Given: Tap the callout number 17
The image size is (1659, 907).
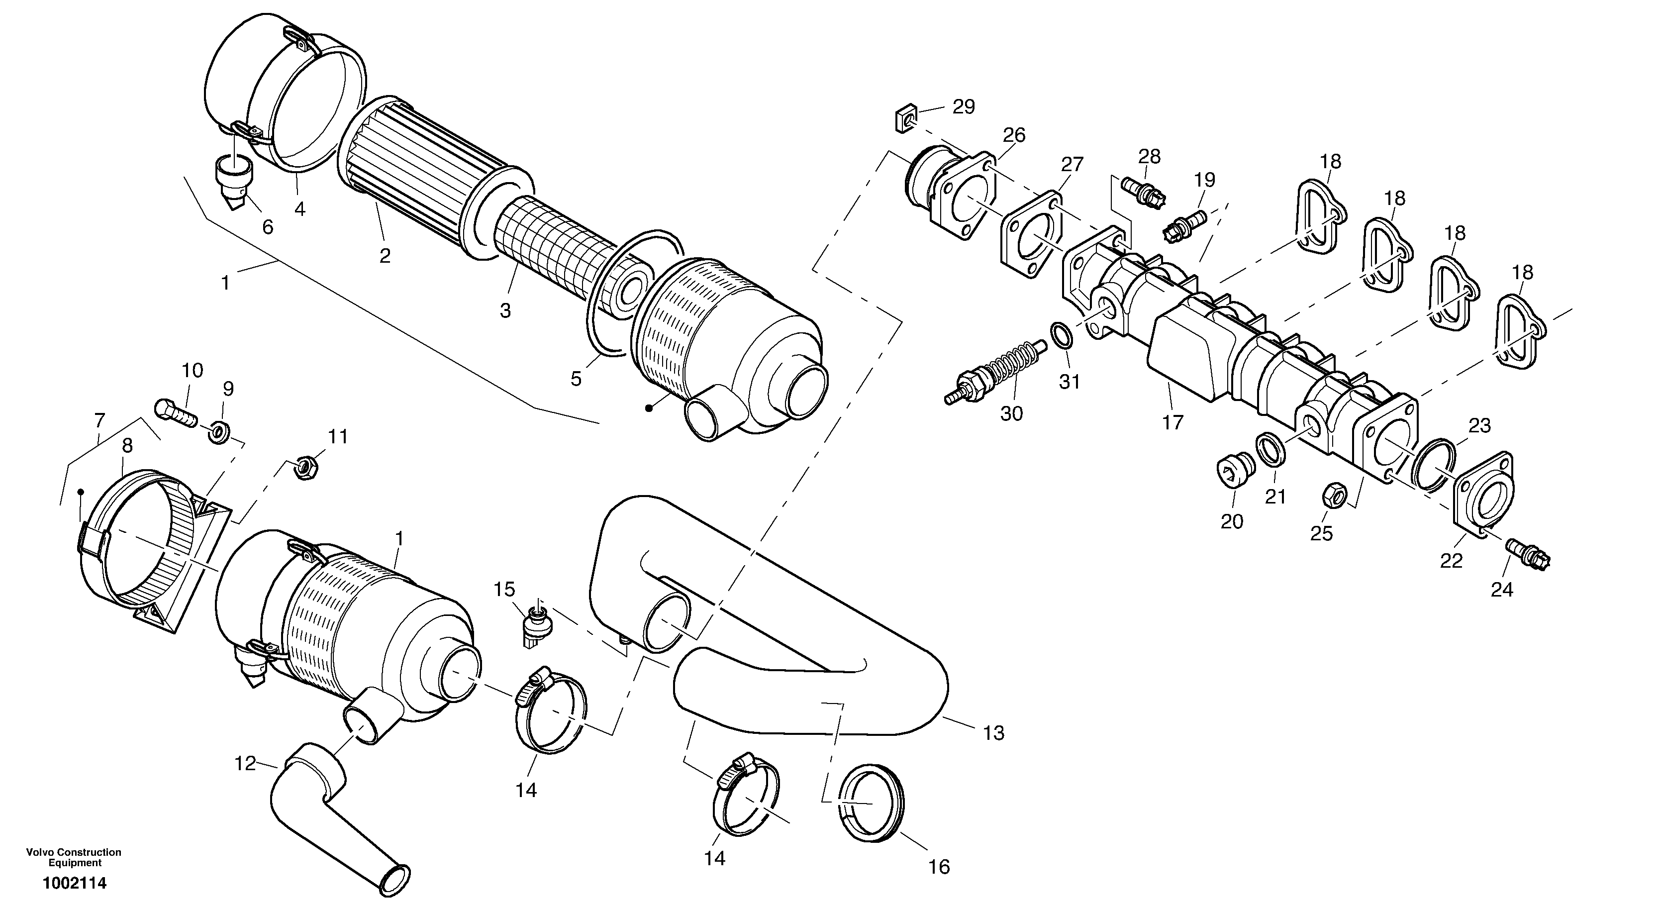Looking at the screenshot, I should click(1173, 422).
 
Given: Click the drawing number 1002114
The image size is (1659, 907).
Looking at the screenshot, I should click(75, 883).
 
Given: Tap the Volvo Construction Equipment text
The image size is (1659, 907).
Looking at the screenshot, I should click(74, 857).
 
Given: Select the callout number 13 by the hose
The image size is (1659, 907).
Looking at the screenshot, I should click(994, 732).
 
